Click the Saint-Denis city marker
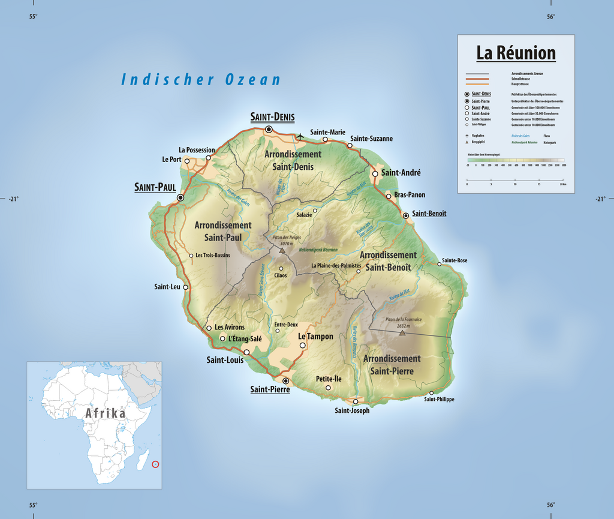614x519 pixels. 269,129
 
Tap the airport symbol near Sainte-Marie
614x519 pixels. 300,137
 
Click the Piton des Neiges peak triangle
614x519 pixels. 282,250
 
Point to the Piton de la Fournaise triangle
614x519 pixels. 402,332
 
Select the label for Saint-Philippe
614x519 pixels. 439,400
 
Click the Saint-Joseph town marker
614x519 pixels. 356,401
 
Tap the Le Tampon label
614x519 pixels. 315,337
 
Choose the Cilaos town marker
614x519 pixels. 281,268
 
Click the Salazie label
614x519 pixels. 304,215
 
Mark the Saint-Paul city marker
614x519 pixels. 180,197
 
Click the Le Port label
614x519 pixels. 171,160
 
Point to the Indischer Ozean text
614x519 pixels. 201,79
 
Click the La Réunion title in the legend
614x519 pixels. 516,53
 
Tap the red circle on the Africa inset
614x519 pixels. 156,463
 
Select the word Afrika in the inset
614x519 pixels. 106,413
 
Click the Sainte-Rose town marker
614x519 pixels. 439,264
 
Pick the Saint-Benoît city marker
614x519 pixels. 405,215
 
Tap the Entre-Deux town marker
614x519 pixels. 277,330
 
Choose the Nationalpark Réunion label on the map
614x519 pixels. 318,250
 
